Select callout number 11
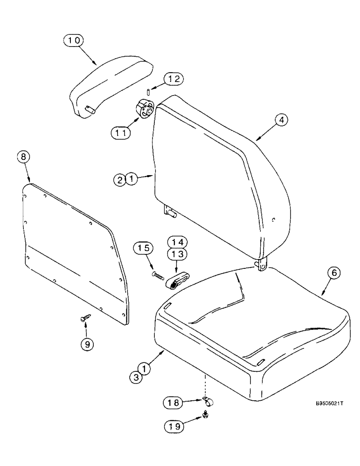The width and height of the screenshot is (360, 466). click(120, 132)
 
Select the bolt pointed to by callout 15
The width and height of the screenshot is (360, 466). click(159, 275)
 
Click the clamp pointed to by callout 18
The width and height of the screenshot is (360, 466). click(206, 401)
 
